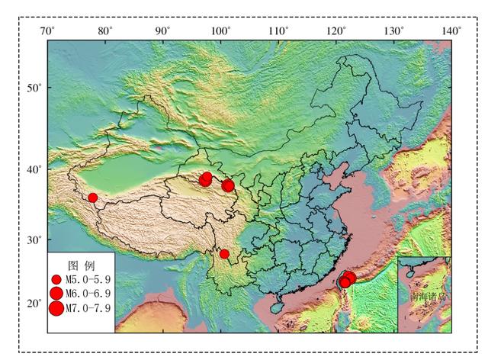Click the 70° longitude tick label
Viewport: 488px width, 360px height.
(x=47, y=31)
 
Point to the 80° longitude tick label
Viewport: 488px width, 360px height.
(x=104, y=31)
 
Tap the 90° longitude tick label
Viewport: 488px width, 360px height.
(x=162, y=31)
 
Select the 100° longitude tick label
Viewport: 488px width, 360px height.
(x=220, y=31)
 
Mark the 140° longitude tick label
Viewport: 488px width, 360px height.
(x=451, y=31)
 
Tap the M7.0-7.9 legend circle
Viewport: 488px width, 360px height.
(x=56, y=308)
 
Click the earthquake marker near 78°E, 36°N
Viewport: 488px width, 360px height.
(x=93, y=198)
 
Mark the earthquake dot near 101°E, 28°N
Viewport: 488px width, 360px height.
(x=224, y=254)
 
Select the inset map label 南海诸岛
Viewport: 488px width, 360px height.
(x=425, y=295)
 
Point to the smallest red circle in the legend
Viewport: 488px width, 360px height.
(x=56, y=280)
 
